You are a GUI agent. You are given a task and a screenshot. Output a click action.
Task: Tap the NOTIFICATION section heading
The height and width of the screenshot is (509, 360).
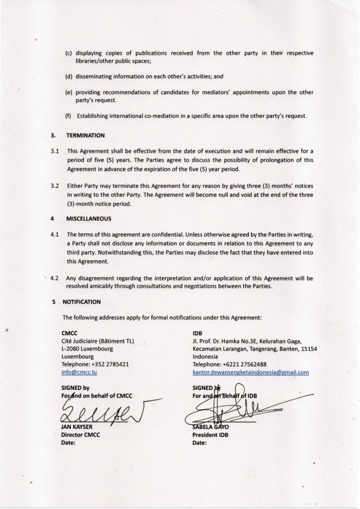pos(81,302)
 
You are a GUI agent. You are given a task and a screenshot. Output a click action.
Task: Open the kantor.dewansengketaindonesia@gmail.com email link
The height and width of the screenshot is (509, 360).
pos(250,372)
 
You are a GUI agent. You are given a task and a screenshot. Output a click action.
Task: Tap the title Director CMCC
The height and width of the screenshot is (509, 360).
pos(81,435)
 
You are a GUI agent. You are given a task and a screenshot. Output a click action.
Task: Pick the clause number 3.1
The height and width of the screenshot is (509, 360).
pos(54,152)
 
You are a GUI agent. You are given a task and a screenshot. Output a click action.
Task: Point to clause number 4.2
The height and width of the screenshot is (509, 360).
pos(54,277)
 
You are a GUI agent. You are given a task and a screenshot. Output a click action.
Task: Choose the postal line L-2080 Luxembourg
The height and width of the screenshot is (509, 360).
pos(87,348)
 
